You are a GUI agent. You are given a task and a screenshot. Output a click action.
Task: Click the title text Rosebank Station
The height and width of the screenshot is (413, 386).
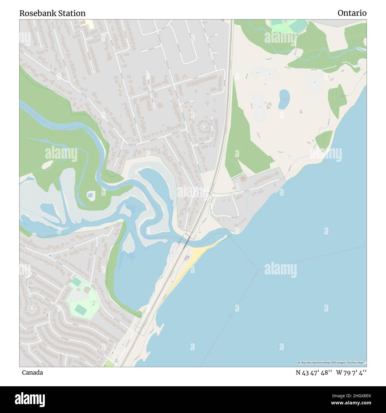(52, 13)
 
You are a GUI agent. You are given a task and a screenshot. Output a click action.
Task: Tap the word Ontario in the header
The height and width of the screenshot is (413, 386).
(352, 13)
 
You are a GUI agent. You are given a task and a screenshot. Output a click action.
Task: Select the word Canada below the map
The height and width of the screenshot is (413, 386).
(32, 373)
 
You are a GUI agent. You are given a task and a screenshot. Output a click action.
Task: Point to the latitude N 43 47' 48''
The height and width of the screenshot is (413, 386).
(314, 373)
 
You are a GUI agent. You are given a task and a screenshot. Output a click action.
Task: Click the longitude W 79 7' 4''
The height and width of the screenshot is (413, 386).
(351, 373)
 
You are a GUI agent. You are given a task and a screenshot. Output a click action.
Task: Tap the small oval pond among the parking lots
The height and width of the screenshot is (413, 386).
(284, 99)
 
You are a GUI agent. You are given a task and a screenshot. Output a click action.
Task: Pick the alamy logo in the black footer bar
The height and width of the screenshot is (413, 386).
(30, 399)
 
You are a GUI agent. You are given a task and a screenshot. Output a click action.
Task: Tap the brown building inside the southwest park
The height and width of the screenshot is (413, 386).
(87, 289)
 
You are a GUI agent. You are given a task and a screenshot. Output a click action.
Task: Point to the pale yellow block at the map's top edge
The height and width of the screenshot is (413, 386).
(89, 24)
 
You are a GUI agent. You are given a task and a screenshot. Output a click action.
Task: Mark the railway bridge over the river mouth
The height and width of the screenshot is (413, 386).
(186, 239)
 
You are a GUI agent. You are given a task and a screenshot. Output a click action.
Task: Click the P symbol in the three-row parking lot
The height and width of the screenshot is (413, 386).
(314, 81)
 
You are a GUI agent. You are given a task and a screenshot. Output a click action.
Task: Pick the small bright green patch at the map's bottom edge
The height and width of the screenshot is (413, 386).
(109, 363)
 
